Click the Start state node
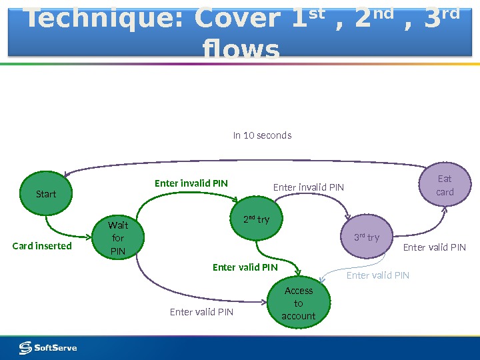(x=46, y=194)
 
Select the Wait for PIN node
(x=118, y=238)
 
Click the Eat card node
(x=444, y=185)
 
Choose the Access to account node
(x=299, y=303)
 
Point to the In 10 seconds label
(x=262, y=135)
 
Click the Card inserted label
(x=42, y=246)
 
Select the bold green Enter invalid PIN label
(x=191, y=183)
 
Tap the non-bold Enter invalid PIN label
(x=309, y=187)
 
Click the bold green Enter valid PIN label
(x=245, y=267)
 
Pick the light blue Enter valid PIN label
(x=378, y=275)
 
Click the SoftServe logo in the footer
(x=47, y=347)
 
